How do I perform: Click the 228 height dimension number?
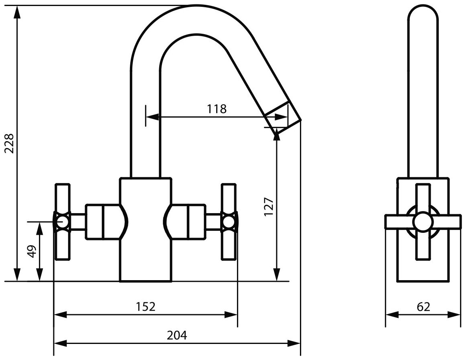(x=9, y=143)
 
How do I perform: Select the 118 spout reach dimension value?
(x=217, y=109)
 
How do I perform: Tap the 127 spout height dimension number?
(x=269, y=207)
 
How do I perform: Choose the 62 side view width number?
(x=423, y=307)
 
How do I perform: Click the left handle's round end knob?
(x=62, y=222)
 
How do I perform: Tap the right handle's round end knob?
(x=229, y=222)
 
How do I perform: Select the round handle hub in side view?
(x=423, y=222)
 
